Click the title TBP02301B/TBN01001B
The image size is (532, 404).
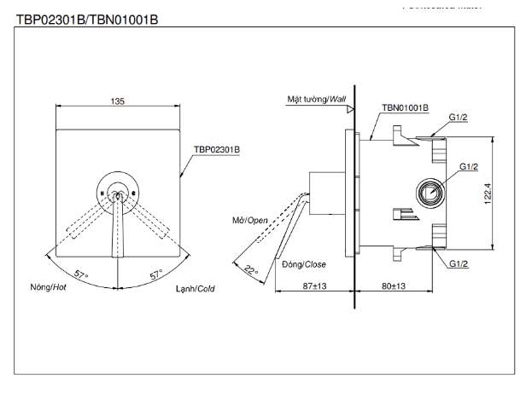[x=87, y=18]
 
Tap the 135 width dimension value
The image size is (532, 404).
[x=118, y=101]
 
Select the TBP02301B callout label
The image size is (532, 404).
[x=217, y=148]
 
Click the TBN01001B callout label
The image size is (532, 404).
[x=405, y=108]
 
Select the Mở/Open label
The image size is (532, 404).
[x=250, y=219]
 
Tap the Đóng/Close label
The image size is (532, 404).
[x=304, y=264]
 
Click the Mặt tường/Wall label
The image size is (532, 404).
[x=317, y=100]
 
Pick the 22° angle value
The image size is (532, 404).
[x=250, y=270]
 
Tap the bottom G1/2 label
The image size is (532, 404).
[x=459, y=264]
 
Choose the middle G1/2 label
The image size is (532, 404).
[x=468, y=166]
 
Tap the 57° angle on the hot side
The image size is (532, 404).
[x=82, y=275]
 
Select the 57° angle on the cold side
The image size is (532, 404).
[x=155, y=275]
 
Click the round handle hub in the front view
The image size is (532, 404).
[x=118, y=193]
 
